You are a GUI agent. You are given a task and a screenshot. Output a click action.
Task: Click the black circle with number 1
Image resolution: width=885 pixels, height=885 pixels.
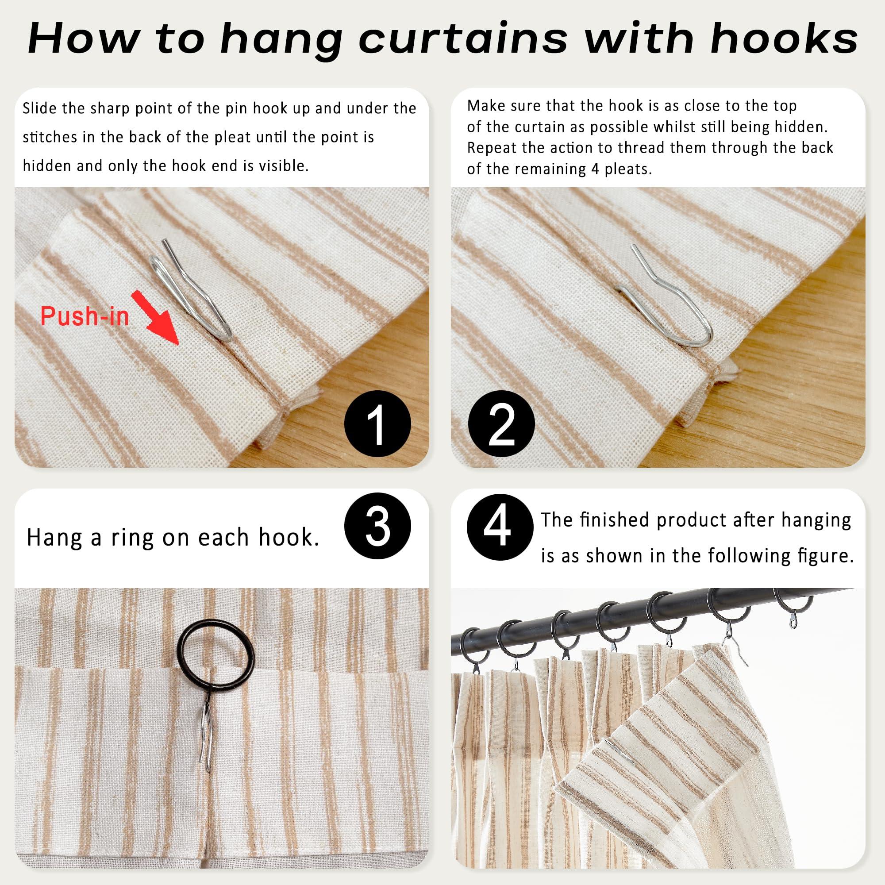coord(377,424)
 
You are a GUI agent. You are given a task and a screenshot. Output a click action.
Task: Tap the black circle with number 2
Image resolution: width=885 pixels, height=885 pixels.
coord(502,424)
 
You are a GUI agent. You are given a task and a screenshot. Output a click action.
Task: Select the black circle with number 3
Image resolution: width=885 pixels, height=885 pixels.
coord(377,526)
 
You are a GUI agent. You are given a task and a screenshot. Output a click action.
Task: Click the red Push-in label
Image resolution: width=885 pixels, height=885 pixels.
coord(85,316)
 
